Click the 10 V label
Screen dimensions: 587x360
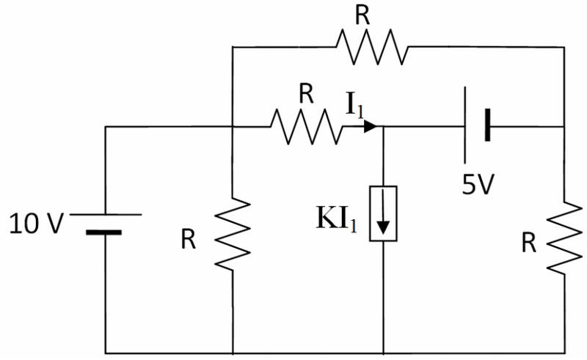36,224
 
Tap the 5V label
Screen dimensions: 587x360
478,184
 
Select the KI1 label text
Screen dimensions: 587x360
337,218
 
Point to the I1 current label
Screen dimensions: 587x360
354,104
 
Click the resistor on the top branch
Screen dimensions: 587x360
372,47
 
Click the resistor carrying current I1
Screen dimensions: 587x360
307,127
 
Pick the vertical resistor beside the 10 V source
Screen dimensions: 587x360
233,234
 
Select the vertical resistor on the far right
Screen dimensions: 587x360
564,238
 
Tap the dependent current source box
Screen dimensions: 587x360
383,213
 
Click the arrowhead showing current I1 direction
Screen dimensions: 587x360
371,127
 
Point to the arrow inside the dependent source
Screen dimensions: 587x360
383,212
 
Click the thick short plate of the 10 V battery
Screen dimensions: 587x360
103,232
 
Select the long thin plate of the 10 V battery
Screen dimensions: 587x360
106,214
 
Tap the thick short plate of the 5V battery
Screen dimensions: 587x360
487,125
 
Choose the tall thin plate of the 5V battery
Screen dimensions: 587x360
465,125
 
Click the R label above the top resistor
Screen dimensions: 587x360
362,15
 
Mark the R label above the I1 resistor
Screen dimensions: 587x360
306,95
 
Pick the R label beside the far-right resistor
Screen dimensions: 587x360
529,243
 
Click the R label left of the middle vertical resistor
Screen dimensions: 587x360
189,240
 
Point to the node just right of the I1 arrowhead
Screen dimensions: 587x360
383,127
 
